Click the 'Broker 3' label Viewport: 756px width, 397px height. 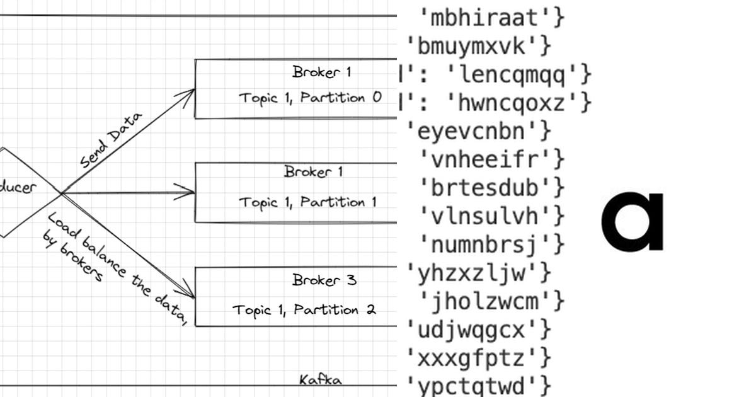coord(324,279)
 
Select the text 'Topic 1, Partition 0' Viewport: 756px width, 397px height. coord(310,98)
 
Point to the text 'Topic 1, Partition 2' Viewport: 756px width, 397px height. coord(305,310)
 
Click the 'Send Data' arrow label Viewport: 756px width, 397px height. coord(111,140)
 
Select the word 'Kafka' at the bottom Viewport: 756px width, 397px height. coord(321,380)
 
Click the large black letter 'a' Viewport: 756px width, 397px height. coord(632,222)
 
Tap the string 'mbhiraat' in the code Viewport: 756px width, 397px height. coord(483,18)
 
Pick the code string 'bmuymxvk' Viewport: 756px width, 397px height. coord(471,46)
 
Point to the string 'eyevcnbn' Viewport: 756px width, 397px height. coord(471,131)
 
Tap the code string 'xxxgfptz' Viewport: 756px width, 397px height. coord(471,358)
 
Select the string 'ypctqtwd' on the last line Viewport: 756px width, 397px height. coord(471,385)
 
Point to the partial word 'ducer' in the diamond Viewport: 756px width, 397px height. coord(18,187)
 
